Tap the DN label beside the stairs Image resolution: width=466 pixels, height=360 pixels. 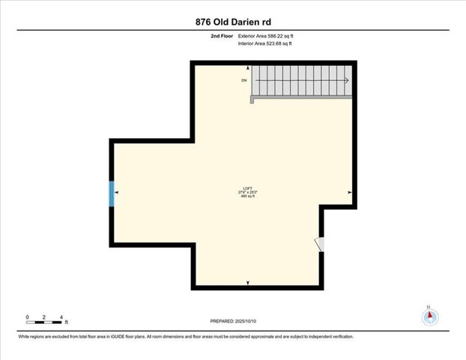point(243,80)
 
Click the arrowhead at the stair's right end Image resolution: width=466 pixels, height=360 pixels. point(346,80)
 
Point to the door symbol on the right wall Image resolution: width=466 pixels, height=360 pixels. point(319,245)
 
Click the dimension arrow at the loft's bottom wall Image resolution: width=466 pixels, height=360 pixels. point(248,283)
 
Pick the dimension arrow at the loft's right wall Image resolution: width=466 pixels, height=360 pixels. point(350,193)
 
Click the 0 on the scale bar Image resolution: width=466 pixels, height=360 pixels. point(27,318)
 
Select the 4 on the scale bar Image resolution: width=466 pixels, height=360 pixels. point(61,318)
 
